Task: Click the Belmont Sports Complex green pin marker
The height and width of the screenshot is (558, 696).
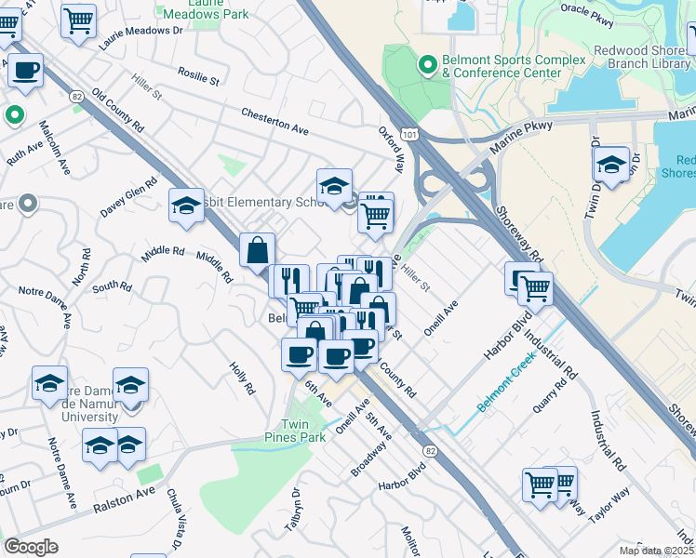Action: point(428,64)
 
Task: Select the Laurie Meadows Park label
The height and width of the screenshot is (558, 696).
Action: point(205,8)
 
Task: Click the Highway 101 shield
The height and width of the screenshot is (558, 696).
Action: point(409,135)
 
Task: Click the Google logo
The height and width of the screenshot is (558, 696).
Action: point(31,547)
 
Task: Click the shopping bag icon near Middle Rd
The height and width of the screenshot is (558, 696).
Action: point(257,250)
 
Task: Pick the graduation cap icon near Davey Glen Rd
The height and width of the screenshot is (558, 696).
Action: point(186,206)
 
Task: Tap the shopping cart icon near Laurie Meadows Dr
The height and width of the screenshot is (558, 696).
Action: point(79,20)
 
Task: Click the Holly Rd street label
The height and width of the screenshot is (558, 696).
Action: point(243,377)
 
